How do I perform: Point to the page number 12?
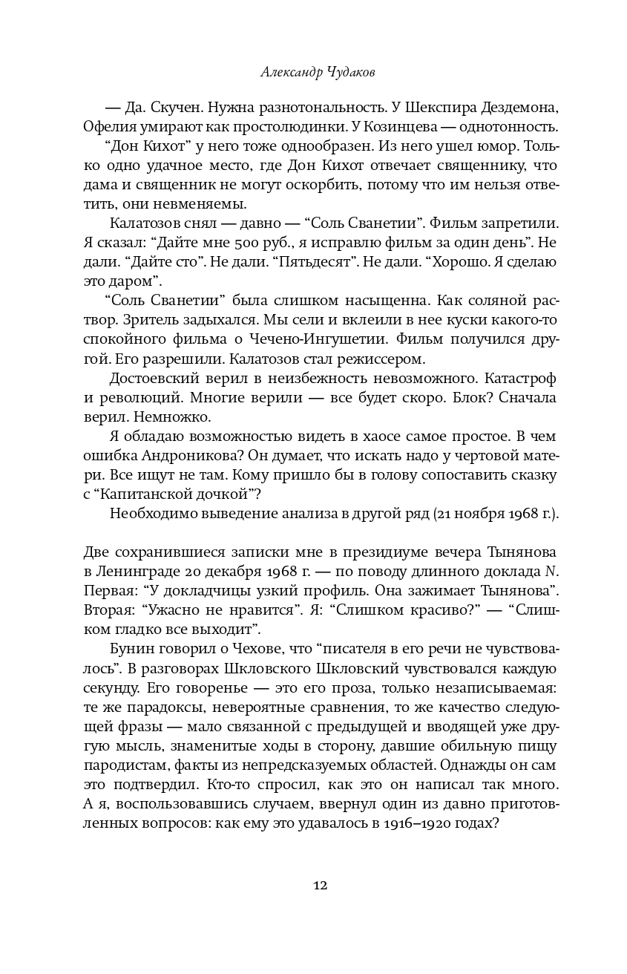tap(321, 886)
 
